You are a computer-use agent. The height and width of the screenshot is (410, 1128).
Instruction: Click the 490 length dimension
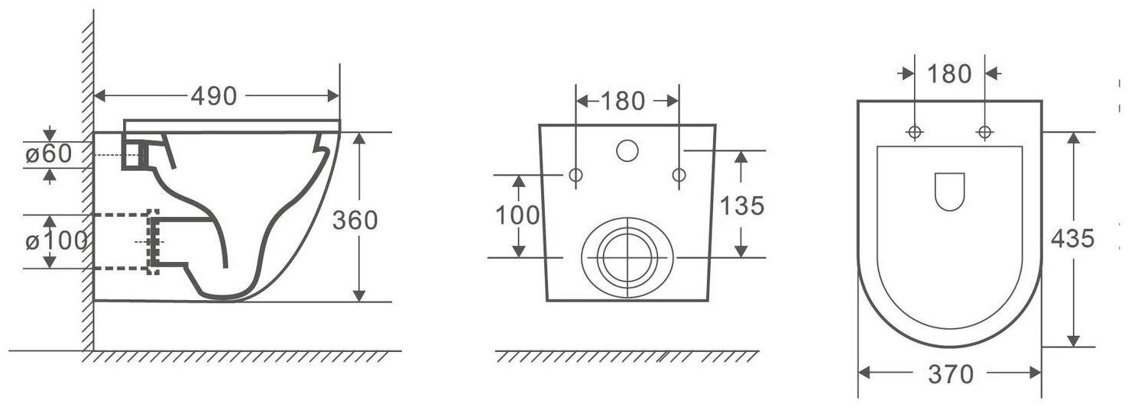[x=213, y=95]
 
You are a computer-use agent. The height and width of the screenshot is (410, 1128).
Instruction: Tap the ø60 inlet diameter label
[x=49, y=153]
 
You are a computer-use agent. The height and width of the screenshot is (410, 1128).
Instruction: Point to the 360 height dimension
[x=355, y=221]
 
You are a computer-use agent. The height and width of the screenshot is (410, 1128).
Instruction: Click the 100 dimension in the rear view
[x=517, y=215]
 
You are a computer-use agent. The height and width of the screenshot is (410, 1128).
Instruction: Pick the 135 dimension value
[x=742, y=205]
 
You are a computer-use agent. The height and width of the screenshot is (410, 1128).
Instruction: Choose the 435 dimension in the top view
[x=1073, y=238]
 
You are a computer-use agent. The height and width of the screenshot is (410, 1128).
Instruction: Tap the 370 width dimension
[x=951, y=374]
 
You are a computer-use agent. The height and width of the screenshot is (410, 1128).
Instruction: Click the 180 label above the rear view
[x=622, y=101]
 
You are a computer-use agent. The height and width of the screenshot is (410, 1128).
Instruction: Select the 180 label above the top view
[x=949, y=74]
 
